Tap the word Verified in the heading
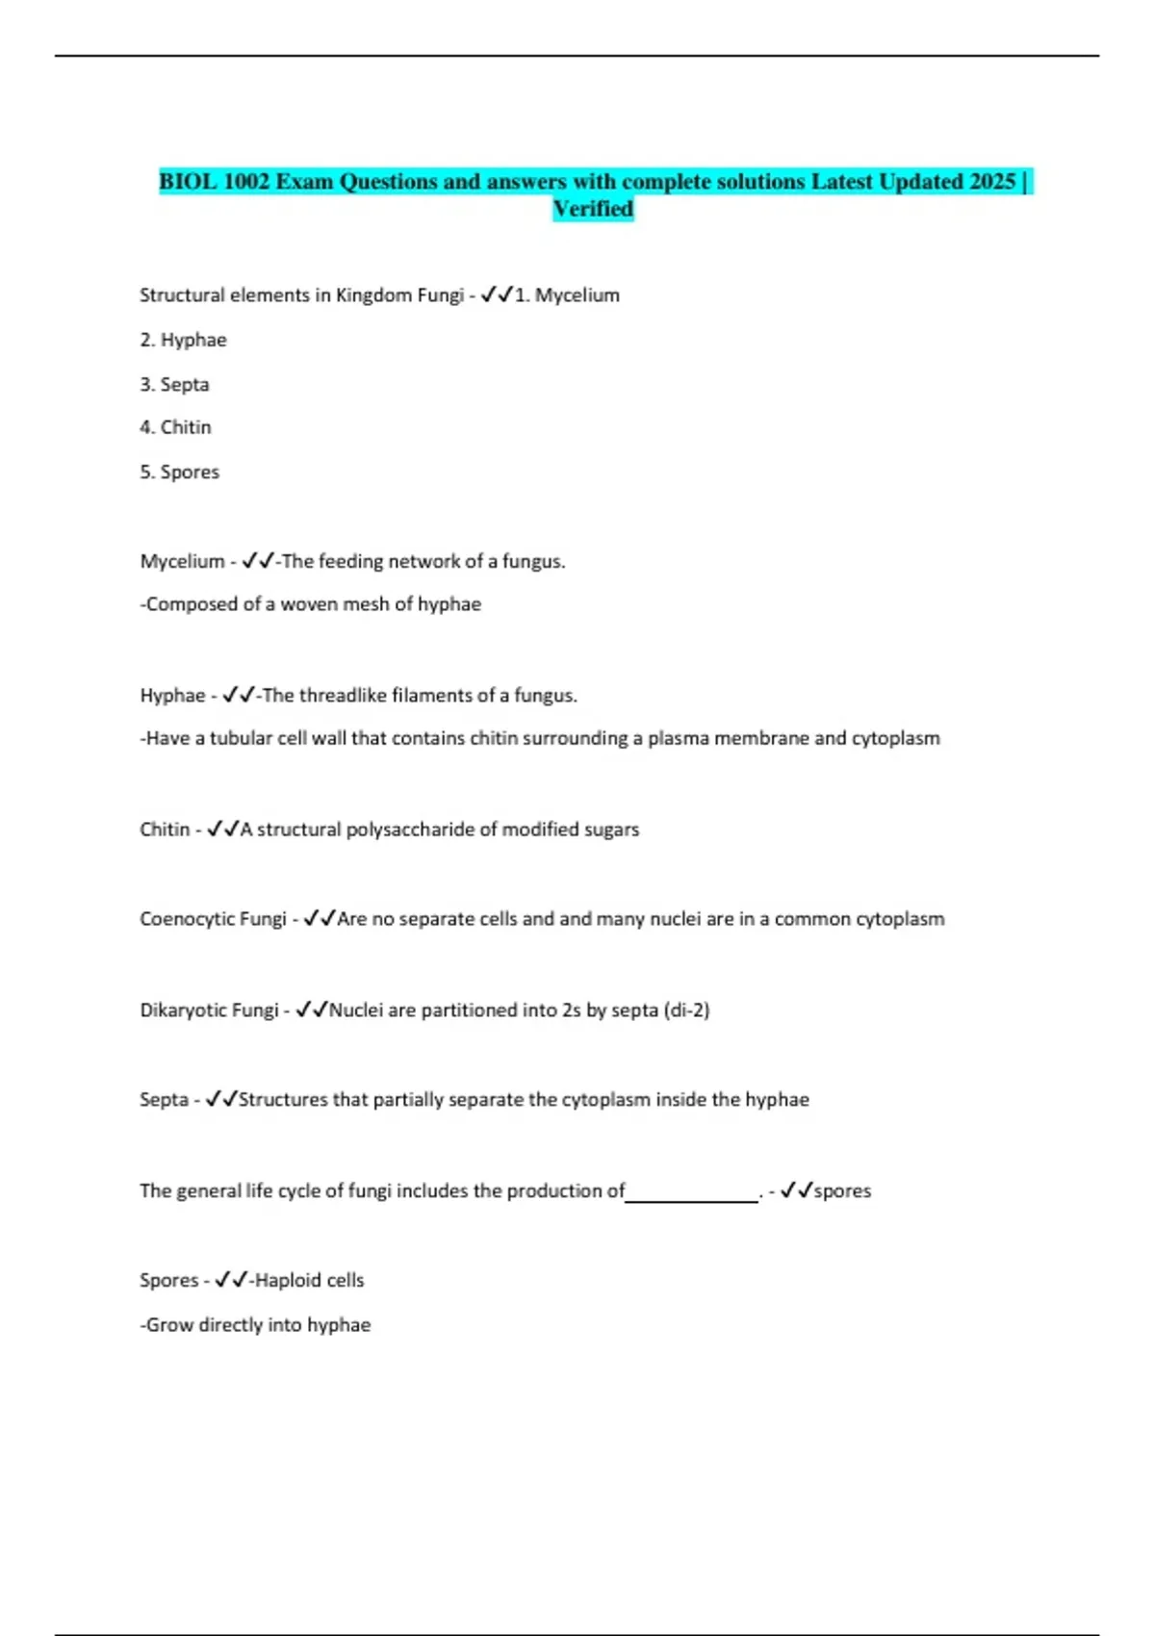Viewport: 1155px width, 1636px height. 593,209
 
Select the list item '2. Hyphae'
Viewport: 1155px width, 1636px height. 183,340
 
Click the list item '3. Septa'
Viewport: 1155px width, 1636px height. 174,384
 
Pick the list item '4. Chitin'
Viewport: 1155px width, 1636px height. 175,427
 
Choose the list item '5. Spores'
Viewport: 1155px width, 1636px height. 179,472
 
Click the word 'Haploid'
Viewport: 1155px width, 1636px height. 287,1281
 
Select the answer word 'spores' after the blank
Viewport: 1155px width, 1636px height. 842,1191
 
